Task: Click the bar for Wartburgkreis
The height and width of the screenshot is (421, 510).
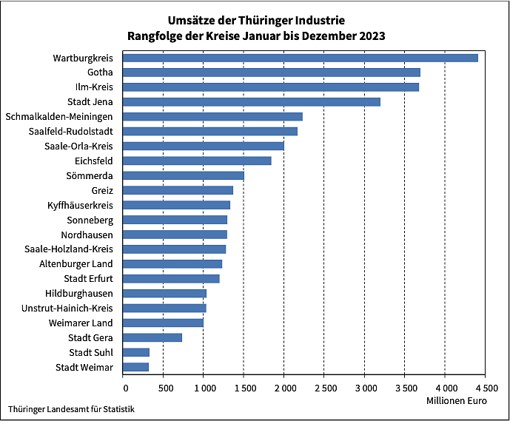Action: [x=300, y=58]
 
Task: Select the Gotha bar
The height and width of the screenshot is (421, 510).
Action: [x=271, y=73]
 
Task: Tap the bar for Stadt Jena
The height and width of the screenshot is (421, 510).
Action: [x=251, y=101]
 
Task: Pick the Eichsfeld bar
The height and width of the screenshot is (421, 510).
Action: [x=197, y=161]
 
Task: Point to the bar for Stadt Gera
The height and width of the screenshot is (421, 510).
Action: [x=152, y=337]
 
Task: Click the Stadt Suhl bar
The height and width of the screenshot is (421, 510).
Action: [x=136, y=352]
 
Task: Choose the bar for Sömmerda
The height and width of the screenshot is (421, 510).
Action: [x=183, y=175]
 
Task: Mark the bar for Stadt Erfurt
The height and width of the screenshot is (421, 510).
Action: [x=171, y=278]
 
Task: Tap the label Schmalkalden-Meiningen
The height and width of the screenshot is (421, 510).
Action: [x=59, y=117]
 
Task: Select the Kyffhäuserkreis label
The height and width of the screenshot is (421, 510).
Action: [x=80, y=205]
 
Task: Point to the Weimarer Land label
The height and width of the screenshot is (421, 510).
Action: [x=80, y=323]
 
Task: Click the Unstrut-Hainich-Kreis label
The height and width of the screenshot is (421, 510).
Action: [x=67, y=308]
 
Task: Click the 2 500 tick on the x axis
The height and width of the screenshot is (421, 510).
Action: [x=323, y=387]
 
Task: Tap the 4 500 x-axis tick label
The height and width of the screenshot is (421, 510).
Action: [x=485, y=387]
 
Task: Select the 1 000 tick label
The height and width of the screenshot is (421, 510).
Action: [x=203, y=387]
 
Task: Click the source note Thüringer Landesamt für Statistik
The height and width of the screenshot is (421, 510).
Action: [x=72, y=408]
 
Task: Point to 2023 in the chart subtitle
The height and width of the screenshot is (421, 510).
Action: [x=372, y=36]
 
